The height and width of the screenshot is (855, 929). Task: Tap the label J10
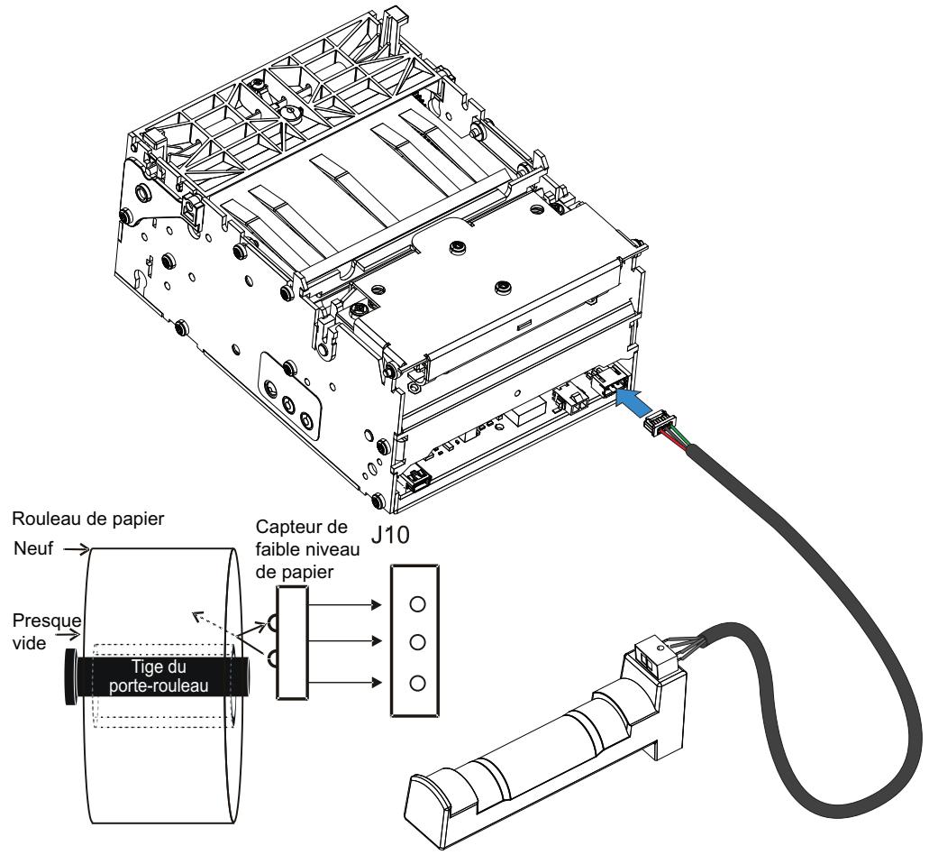coord(390,536)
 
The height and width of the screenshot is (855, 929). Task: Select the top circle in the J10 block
coord(417,604)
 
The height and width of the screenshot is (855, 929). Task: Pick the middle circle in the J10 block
coord(417,642)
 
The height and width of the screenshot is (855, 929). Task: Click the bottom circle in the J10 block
coord(417,684)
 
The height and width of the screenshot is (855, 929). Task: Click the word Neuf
coord(33,548)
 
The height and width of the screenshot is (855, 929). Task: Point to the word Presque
coord(47,621)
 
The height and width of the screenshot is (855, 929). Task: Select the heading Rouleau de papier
coord(88,519)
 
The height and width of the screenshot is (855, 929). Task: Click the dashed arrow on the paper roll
coord(215,625)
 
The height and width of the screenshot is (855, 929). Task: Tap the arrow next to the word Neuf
coord(77,549)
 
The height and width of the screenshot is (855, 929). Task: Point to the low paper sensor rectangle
coord(293,642)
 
